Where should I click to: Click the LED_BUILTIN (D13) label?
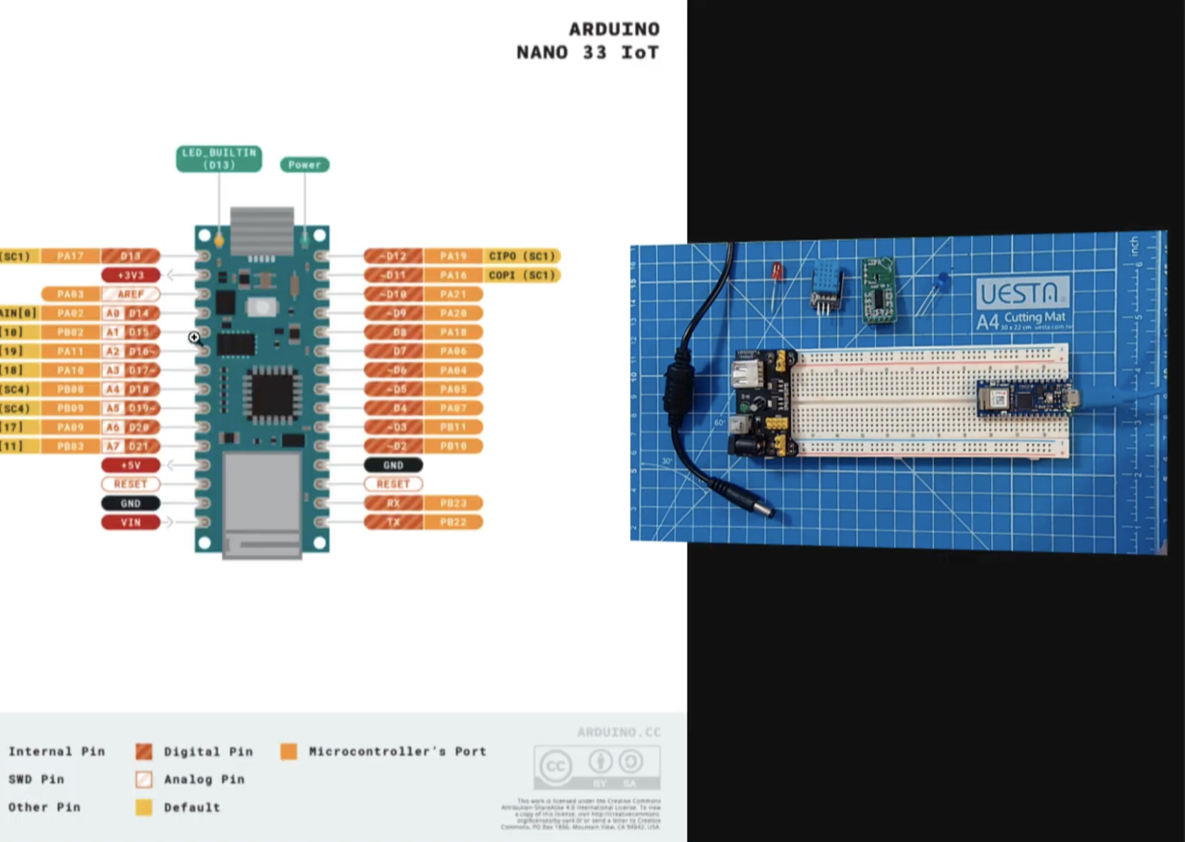click(219, 159)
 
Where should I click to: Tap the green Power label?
click(304, 165)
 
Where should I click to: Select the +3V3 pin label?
click(130, 275)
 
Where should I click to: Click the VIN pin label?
click(130, 522)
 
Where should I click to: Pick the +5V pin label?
click(130, 465)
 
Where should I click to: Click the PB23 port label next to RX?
click(453, 503)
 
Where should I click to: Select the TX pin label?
click(393, 522)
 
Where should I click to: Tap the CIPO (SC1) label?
click(521, 256)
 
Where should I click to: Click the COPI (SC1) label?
click(521, 275)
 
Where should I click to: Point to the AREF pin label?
click(130, 294)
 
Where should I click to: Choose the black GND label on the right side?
click(393, 465)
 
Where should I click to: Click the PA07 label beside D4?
click(453, 408)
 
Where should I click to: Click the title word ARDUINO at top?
click(614, 30)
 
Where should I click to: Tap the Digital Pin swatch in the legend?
click(144, 751)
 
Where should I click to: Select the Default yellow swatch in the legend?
click(144, 807)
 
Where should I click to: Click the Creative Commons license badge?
click(596, 766)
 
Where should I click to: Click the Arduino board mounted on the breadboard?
click(1024, 398)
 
